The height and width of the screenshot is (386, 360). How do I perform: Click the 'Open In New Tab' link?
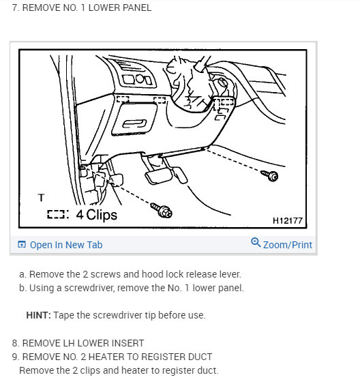[66, 245]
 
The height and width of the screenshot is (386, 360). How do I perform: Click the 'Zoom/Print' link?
[288, 245]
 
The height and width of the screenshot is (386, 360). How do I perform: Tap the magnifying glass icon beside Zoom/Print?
[256, 243]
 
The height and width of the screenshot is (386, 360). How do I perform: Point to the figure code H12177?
[288, 220]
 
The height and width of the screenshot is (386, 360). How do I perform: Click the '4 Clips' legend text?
[96, 215]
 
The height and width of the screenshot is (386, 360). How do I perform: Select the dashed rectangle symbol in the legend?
[56, 214]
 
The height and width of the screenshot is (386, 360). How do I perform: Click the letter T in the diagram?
[41, 197]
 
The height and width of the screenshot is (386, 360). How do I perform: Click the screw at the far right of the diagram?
[270, 175]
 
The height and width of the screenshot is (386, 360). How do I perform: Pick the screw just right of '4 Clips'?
[162, 211]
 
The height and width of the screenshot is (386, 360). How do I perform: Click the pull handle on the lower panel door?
[134, 123]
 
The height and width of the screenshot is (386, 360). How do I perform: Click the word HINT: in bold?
[38, 315]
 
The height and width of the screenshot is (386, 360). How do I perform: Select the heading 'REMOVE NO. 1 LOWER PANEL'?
[87, 8]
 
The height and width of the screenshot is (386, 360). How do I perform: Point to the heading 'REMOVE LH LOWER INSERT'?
[83, 343]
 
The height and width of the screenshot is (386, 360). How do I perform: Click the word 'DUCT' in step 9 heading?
[201, 357]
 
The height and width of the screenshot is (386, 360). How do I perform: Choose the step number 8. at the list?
[16, 343]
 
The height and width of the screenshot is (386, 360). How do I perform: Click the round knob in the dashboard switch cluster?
[140, 79]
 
